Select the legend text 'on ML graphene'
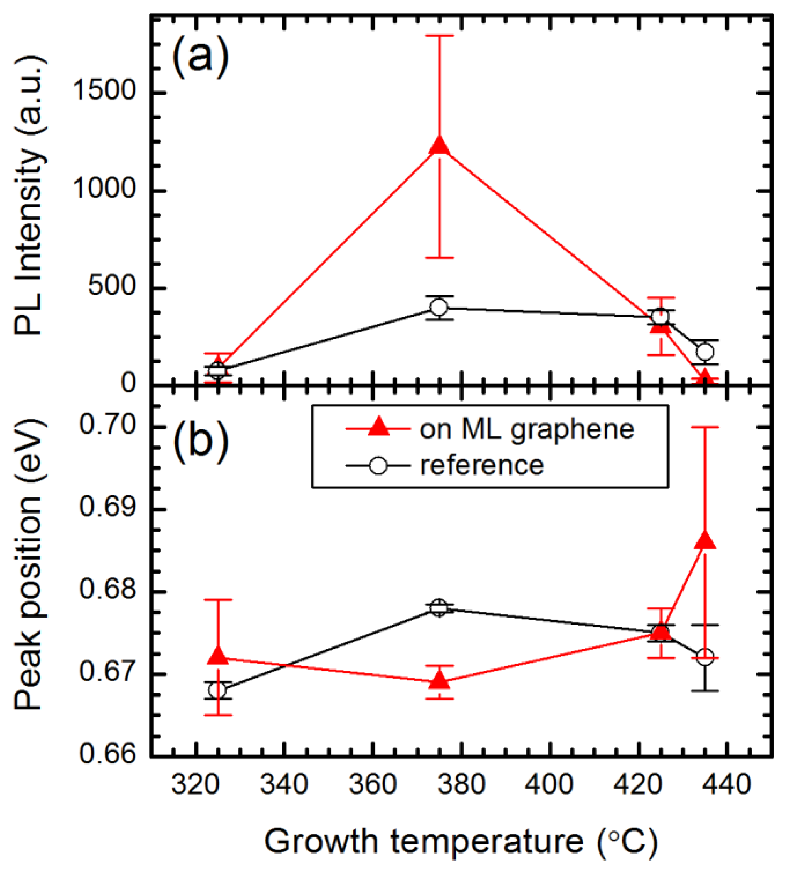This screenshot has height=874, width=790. point(526,430)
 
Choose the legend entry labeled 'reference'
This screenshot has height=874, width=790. point(482,465)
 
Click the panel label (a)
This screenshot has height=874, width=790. point(200,56)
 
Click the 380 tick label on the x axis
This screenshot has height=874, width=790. point(461,785)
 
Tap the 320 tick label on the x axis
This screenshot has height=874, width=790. point(195,785)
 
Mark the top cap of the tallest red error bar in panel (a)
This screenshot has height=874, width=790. point(439,35)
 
